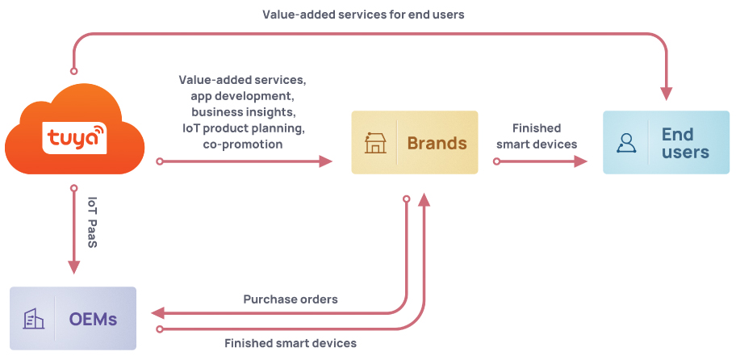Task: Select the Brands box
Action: pos(415,143)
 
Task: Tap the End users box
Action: pos(666,143)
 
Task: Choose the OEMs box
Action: pos(73,319)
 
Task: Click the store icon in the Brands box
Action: pos(375,143)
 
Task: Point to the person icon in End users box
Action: pos(626,143)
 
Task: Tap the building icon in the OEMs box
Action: pos(33,319)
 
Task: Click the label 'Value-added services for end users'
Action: pos(363,15)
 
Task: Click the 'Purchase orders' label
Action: pos(291,299)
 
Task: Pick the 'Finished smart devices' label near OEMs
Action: pos(291,343)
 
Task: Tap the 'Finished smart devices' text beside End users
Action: pos(537,136)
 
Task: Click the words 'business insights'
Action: pos(243,111)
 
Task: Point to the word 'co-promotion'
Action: pos(243,144)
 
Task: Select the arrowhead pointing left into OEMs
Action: pos(159,312)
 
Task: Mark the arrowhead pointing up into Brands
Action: pos(424,199)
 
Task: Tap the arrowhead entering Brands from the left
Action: pos(325,161)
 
